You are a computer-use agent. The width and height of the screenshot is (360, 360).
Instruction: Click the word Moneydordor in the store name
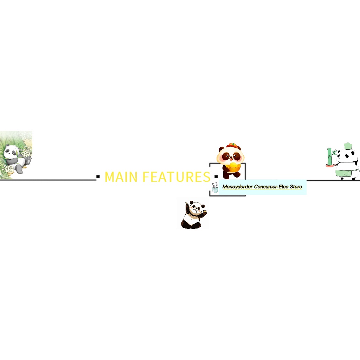click(237, 187)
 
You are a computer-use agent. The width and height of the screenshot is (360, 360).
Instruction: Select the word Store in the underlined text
click(296, 187)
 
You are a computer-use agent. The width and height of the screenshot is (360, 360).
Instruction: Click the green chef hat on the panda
click(348, 146)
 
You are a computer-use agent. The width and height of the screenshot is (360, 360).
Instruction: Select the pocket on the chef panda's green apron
click(346, 173)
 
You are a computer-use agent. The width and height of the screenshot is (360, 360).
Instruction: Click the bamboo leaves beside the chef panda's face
click(335, 153)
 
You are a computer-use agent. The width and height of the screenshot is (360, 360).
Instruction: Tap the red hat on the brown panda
click(232, 145)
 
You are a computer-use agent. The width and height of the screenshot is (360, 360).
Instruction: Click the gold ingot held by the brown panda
click(232, 165)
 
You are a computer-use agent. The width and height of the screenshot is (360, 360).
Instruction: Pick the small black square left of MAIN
click(98, 176)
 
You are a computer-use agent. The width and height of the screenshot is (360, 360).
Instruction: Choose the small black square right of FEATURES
click(216, 176)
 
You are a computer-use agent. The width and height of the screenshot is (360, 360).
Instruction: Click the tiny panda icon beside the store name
click(215, 187)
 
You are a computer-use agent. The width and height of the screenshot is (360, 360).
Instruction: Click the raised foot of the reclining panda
click(28, 160)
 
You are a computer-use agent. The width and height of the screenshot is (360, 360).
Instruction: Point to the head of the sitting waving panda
click(195, 208)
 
